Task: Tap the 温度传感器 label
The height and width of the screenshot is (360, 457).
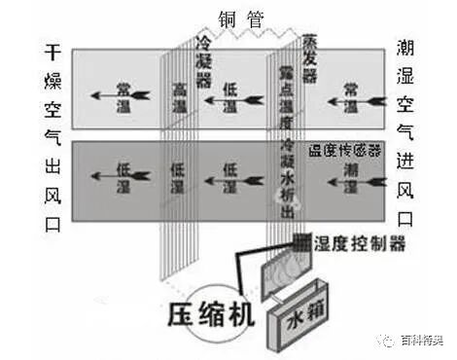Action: [x=345, y=152]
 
